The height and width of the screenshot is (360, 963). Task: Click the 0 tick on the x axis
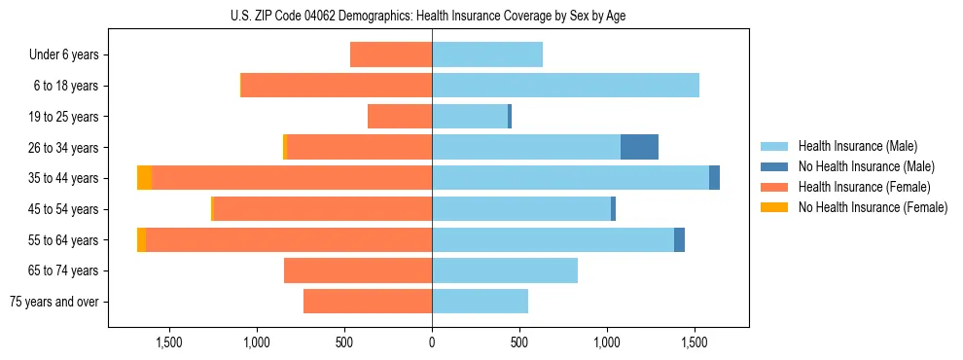(x=432, y=342)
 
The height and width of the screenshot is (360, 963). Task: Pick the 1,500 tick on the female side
(x=169, y=342)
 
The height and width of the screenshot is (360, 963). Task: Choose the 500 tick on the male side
(x=519, y=342)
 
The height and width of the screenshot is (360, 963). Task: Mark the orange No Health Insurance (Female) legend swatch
(x=775, y=207)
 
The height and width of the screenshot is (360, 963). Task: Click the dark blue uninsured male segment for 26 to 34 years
(x=639, y=147)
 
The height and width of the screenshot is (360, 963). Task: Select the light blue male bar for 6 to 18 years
(x=565, y=86)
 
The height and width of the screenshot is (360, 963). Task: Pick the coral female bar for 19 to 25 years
(x=400, y=117)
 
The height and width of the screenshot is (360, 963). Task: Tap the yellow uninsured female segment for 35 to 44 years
(x=144, y=178)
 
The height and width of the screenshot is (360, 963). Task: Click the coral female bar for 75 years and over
(x=368, y=302)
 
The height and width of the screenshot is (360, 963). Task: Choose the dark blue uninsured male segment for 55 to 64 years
(x=679, y=239)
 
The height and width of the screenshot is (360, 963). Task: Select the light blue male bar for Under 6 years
(x=487, y=54)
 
